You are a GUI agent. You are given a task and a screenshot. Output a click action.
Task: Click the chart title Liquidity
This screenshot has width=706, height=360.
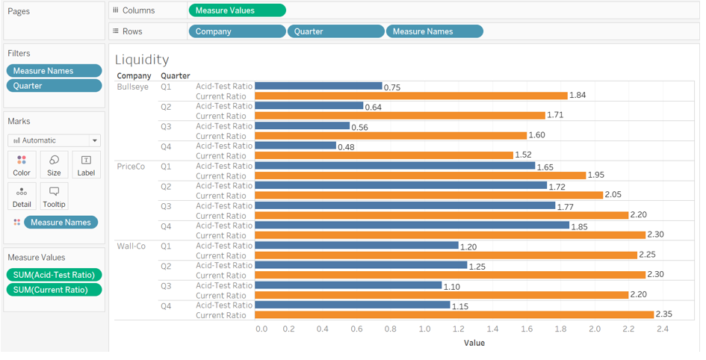click(142, 60)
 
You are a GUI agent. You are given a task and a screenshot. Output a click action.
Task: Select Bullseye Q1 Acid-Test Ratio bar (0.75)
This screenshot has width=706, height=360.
click(318, 86)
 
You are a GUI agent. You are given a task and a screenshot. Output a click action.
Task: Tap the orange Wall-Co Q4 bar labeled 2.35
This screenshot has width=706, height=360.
click(454, 314)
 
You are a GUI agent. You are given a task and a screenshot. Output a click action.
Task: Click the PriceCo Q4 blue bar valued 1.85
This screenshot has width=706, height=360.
click(412, 226)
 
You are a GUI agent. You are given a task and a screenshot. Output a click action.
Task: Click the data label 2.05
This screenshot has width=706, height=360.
click(613, 196)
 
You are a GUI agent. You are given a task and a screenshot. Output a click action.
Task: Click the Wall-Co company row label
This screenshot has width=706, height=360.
click(131, 246)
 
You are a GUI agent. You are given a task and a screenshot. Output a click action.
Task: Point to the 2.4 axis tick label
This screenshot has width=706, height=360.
click(662, 329)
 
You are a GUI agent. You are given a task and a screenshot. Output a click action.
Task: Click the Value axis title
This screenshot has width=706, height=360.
click(474, 343)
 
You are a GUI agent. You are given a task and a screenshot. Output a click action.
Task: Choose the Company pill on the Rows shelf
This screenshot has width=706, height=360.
click(237, 31)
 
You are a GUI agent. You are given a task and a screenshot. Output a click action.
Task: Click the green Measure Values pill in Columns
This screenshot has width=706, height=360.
click(237, 10)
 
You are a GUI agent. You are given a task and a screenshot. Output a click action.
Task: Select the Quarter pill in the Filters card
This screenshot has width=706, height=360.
click(54, 85)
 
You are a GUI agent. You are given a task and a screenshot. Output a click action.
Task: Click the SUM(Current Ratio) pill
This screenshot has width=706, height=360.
click(54, 290)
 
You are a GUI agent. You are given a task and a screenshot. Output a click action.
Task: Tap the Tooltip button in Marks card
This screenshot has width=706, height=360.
click(54, 196)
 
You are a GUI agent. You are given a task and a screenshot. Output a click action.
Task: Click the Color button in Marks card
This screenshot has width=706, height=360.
click(22, 165)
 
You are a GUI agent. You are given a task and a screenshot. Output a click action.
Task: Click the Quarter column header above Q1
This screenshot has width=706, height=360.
click(176, 76)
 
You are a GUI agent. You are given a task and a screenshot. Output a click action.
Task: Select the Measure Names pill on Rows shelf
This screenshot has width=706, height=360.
click(434, 31)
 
